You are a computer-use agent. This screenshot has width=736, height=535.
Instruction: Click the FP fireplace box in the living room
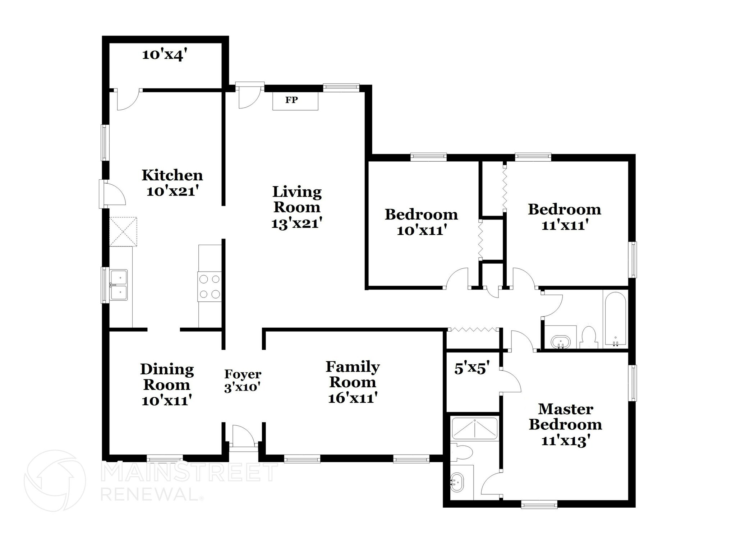pyautogui.click(x=295, y=101)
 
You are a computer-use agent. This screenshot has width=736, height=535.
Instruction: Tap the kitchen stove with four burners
pyautogui.click(x=210, y=286)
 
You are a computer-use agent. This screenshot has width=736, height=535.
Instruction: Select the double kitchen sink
pyautogui.click(x=119, y=285)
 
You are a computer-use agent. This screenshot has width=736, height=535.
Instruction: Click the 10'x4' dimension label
pyautogui.click(x=165, y=55)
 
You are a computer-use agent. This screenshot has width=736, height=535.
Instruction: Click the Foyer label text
pyautogui.click(x=243, y=374)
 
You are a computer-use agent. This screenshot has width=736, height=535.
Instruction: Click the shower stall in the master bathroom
pyautogui.click(x=474, y=428)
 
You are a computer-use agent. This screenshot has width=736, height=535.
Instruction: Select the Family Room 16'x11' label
pyautogui.click(x=353, y=382)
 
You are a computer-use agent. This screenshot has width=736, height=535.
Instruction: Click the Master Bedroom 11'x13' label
pyautogui.click(x=565, y=424)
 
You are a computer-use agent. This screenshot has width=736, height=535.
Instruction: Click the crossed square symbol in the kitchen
pyautogui.click(x=123, y=231)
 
